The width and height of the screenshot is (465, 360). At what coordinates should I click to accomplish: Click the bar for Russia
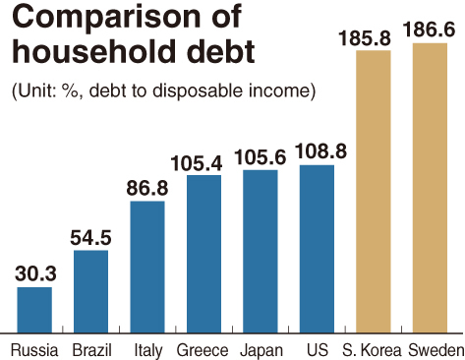tap(34, 310)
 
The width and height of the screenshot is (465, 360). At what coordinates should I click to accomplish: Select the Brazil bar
tap(90, 292)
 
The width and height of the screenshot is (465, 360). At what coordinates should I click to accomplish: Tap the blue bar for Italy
tap(147, 268)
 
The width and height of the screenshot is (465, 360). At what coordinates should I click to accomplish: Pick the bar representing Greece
tap(203, 254)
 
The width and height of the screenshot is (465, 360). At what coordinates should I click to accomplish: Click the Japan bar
tap(261, 252)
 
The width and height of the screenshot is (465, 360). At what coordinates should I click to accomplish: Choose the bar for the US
tap(317, 249)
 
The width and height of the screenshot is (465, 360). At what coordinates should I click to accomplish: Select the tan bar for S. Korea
tap(374, 192)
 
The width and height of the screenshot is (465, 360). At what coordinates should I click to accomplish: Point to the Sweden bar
tap(430, 188)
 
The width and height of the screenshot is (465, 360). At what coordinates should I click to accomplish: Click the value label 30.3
tap(35, 273)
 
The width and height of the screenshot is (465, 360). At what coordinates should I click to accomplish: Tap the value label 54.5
tap(90, 237)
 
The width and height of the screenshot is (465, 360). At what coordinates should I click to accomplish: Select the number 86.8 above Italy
tap(147, 188)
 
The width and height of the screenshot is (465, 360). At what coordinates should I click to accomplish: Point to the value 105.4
tap(197, 163)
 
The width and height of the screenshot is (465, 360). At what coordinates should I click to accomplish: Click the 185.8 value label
tap(365, 37)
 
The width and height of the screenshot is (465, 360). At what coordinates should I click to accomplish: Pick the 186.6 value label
tap(429, 30)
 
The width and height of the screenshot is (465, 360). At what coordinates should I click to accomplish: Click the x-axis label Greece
tap(203, 350)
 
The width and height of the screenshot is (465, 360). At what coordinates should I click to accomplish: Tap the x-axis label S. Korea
tap(372, 350)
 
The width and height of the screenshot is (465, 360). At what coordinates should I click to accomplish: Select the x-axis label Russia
tap(34, 350)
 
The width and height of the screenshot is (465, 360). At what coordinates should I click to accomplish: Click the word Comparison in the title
tap(106, 18)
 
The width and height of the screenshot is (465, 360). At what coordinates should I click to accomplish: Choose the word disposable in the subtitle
tap(199, 90)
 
